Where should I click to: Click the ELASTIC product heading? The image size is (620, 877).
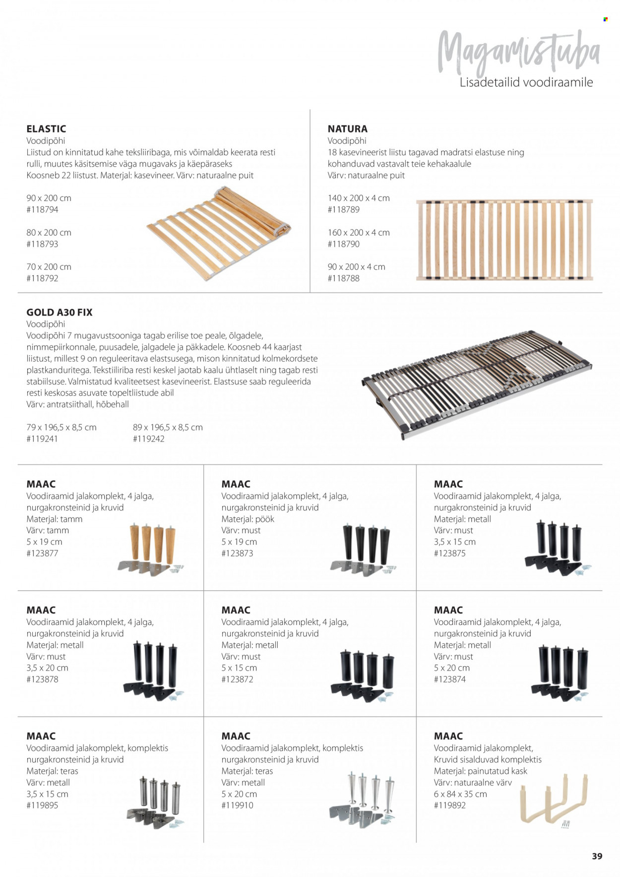click(46, 129)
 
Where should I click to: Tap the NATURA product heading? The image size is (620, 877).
click(347, 129)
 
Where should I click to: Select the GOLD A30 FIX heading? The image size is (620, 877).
click(60, 313)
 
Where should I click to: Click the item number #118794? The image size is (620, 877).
click(42, 210)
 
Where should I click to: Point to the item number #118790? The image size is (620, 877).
click(344, 244)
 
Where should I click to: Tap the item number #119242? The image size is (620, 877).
click(149, 439)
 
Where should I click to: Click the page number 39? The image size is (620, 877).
click(597, 856)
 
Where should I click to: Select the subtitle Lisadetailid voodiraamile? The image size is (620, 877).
click(526, 82)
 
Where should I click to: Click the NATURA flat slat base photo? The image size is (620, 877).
click(504, 240)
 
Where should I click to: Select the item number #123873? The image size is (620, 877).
click(237, 554)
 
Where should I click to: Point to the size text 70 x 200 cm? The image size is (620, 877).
click(49, 267)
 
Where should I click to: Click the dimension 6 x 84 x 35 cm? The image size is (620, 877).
click(460, 794)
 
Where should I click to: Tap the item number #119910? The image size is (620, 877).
click(237, 806)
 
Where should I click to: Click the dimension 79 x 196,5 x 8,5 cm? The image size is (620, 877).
click(62, 428)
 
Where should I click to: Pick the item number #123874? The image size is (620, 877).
click(450, 680)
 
